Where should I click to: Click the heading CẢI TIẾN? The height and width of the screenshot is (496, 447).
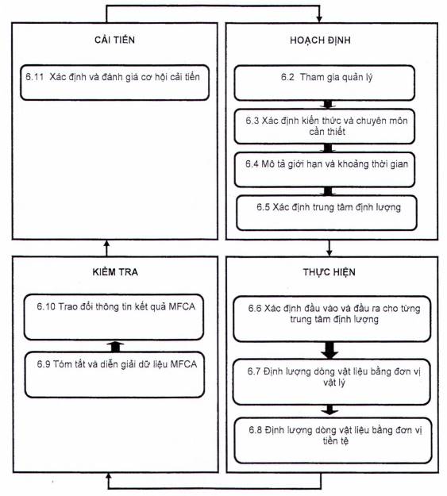114,39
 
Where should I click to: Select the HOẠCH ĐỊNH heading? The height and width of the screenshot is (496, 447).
320,40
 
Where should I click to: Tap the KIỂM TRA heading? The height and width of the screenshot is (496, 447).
115,271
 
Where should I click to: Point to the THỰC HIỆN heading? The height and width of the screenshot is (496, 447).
329,271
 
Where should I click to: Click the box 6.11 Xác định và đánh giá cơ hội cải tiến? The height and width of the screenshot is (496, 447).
114,83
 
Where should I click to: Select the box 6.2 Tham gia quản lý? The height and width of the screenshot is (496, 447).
325,83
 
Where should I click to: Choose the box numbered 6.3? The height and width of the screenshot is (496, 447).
325,126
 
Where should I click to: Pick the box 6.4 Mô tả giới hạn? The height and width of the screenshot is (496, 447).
325,170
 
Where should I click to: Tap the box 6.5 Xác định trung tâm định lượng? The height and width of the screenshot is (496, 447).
326,213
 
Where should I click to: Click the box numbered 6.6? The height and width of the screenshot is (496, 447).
332,319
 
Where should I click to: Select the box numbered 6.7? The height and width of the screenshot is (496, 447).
331,382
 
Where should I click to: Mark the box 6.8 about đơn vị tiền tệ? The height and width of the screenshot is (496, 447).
333,440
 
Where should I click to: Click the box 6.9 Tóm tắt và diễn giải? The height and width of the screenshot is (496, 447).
114,375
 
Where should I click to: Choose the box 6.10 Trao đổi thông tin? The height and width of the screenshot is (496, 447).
114,317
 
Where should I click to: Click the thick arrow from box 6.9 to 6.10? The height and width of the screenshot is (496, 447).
115,346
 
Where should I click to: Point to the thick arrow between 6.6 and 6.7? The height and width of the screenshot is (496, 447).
329,350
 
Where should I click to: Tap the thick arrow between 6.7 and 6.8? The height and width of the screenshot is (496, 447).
329,409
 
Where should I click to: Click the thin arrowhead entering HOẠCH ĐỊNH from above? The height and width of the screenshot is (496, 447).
319,18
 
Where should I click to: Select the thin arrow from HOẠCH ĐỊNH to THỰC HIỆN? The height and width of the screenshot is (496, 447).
329,248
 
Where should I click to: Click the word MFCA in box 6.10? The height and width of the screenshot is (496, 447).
182,306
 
